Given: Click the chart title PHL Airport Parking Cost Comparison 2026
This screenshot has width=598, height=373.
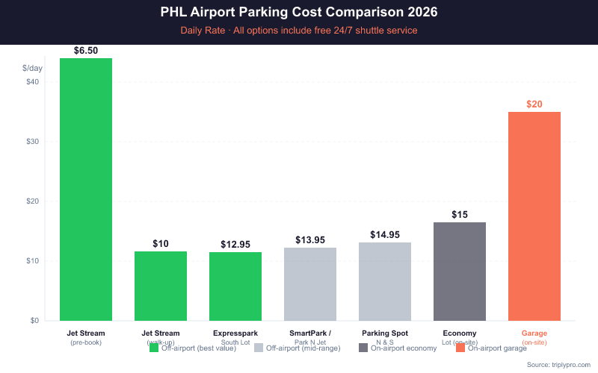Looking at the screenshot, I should pos(299,13).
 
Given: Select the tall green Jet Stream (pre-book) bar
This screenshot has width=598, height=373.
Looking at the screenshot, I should pos(86,189).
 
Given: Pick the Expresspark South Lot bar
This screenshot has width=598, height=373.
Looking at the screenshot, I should pos(235,286).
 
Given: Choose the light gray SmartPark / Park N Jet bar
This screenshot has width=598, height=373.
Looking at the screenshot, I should pos(310,284).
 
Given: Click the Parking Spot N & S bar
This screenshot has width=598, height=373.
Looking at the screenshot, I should pos(385,281).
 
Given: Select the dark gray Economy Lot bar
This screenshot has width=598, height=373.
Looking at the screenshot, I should pos(460,272).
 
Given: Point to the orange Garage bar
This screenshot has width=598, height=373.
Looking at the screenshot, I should pos(534,216).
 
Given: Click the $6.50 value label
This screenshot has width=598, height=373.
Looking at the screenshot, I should pos(86,50).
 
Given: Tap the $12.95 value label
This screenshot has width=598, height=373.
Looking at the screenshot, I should pos(235,244).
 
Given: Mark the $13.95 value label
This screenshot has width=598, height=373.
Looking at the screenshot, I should pos(310,239).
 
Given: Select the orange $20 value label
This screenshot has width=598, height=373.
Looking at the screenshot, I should pos(534,104).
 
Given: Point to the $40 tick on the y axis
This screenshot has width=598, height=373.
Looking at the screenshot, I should pos(33,82).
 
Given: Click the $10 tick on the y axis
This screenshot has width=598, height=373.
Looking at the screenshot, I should pos(33,261).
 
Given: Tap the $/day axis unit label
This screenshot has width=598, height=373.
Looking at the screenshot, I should pos(33,68).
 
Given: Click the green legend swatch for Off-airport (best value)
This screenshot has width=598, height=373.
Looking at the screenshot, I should pos(155,348).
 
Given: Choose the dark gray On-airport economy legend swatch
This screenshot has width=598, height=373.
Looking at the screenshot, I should pos(364,348).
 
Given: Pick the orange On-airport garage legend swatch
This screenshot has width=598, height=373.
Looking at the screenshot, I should pos(461,348).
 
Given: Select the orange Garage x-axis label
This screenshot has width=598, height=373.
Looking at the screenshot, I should pos(534,333).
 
